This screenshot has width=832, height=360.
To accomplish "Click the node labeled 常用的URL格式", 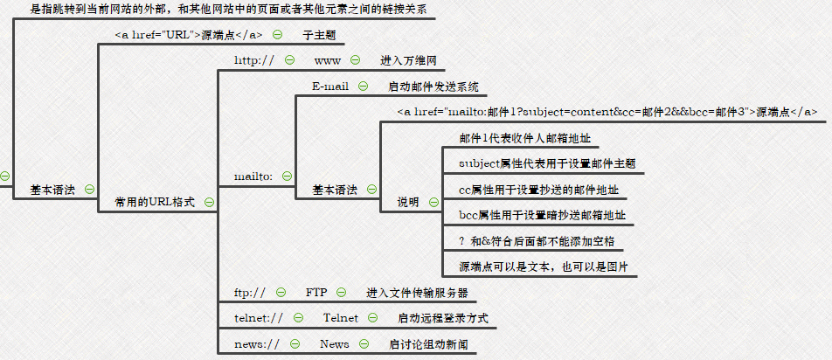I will tap(155, 202).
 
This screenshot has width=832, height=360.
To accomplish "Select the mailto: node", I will tap(253, 176).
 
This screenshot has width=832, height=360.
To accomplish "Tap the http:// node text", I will tap(254, 60).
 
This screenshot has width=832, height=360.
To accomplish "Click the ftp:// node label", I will tap(249, 292).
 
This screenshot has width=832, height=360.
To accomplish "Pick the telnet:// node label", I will tap(259, 317).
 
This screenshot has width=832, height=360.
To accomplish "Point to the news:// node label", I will tap(257, 343).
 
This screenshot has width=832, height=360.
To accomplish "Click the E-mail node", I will tap(330, 87).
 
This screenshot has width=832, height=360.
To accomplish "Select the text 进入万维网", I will tap(407, 60).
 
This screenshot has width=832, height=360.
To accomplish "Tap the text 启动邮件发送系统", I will tap(433, 87).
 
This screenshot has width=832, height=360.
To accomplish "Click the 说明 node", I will tap(408, 202).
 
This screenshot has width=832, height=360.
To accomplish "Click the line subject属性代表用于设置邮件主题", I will tap(546, 163).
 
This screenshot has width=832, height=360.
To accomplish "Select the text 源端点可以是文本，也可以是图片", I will tap(544, 266).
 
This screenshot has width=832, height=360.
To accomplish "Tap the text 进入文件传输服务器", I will tap(417, 292).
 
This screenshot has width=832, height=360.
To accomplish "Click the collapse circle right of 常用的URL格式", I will tap(208, 202).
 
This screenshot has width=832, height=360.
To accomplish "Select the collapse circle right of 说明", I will tap(434, 202).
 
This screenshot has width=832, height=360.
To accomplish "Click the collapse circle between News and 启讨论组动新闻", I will tap(364, 343).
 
